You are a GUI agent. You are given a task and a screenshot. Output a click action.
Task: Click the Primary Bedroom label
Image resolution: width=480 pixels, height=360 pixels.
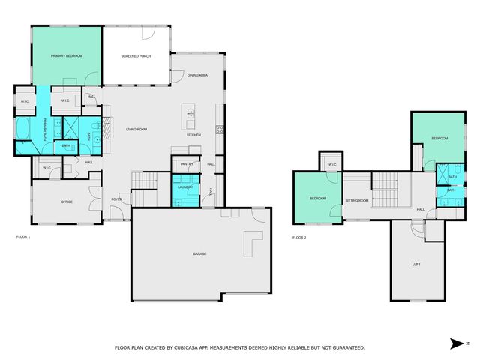66,56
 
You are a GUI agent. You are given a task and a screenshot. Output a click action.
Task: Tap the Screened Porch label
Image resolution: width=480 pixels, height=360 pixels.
136,56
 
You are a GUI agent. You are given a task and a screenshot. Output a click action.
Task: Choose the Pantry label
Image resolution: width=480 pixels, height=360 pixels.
186,163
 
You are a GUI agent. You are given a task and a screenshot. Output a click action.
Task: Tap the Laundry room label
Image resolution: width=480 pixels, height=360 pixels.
184,187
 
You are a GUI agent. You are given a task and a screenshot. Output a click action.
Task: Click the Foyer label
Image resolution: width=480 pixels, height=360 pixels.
117,199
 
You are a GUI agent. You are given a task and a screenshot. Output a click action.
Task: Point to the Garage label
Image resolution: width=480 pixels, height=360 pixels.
199,253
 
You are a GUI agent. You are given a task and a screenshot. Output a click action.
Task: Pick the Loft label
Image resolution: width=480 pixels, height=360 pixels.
416,263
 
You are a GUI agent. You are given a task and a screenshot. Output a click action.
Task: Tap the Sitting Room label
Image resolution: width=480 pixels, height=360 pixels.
356,200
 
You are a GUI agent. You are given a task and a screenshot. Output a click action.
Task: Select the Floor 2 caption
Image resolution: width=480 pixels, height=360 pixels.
299,237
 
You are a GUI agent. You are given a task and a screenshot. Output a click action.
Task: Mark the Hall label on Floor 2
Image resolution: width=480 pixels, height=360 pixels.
420,209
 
